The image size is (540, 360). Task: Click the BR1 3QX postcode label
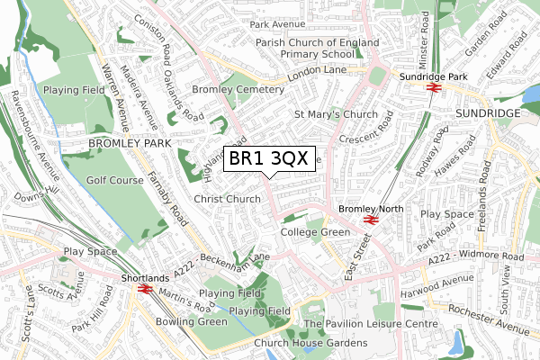(269, 158)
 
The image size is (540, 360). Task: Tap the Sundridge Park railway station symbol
(432, 89)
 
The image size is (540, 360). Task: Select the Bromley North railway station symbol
(368, 220)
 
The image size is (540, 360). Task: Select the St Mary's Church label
(336, 114)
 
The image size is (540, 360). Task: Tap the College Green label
(314, 232)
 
